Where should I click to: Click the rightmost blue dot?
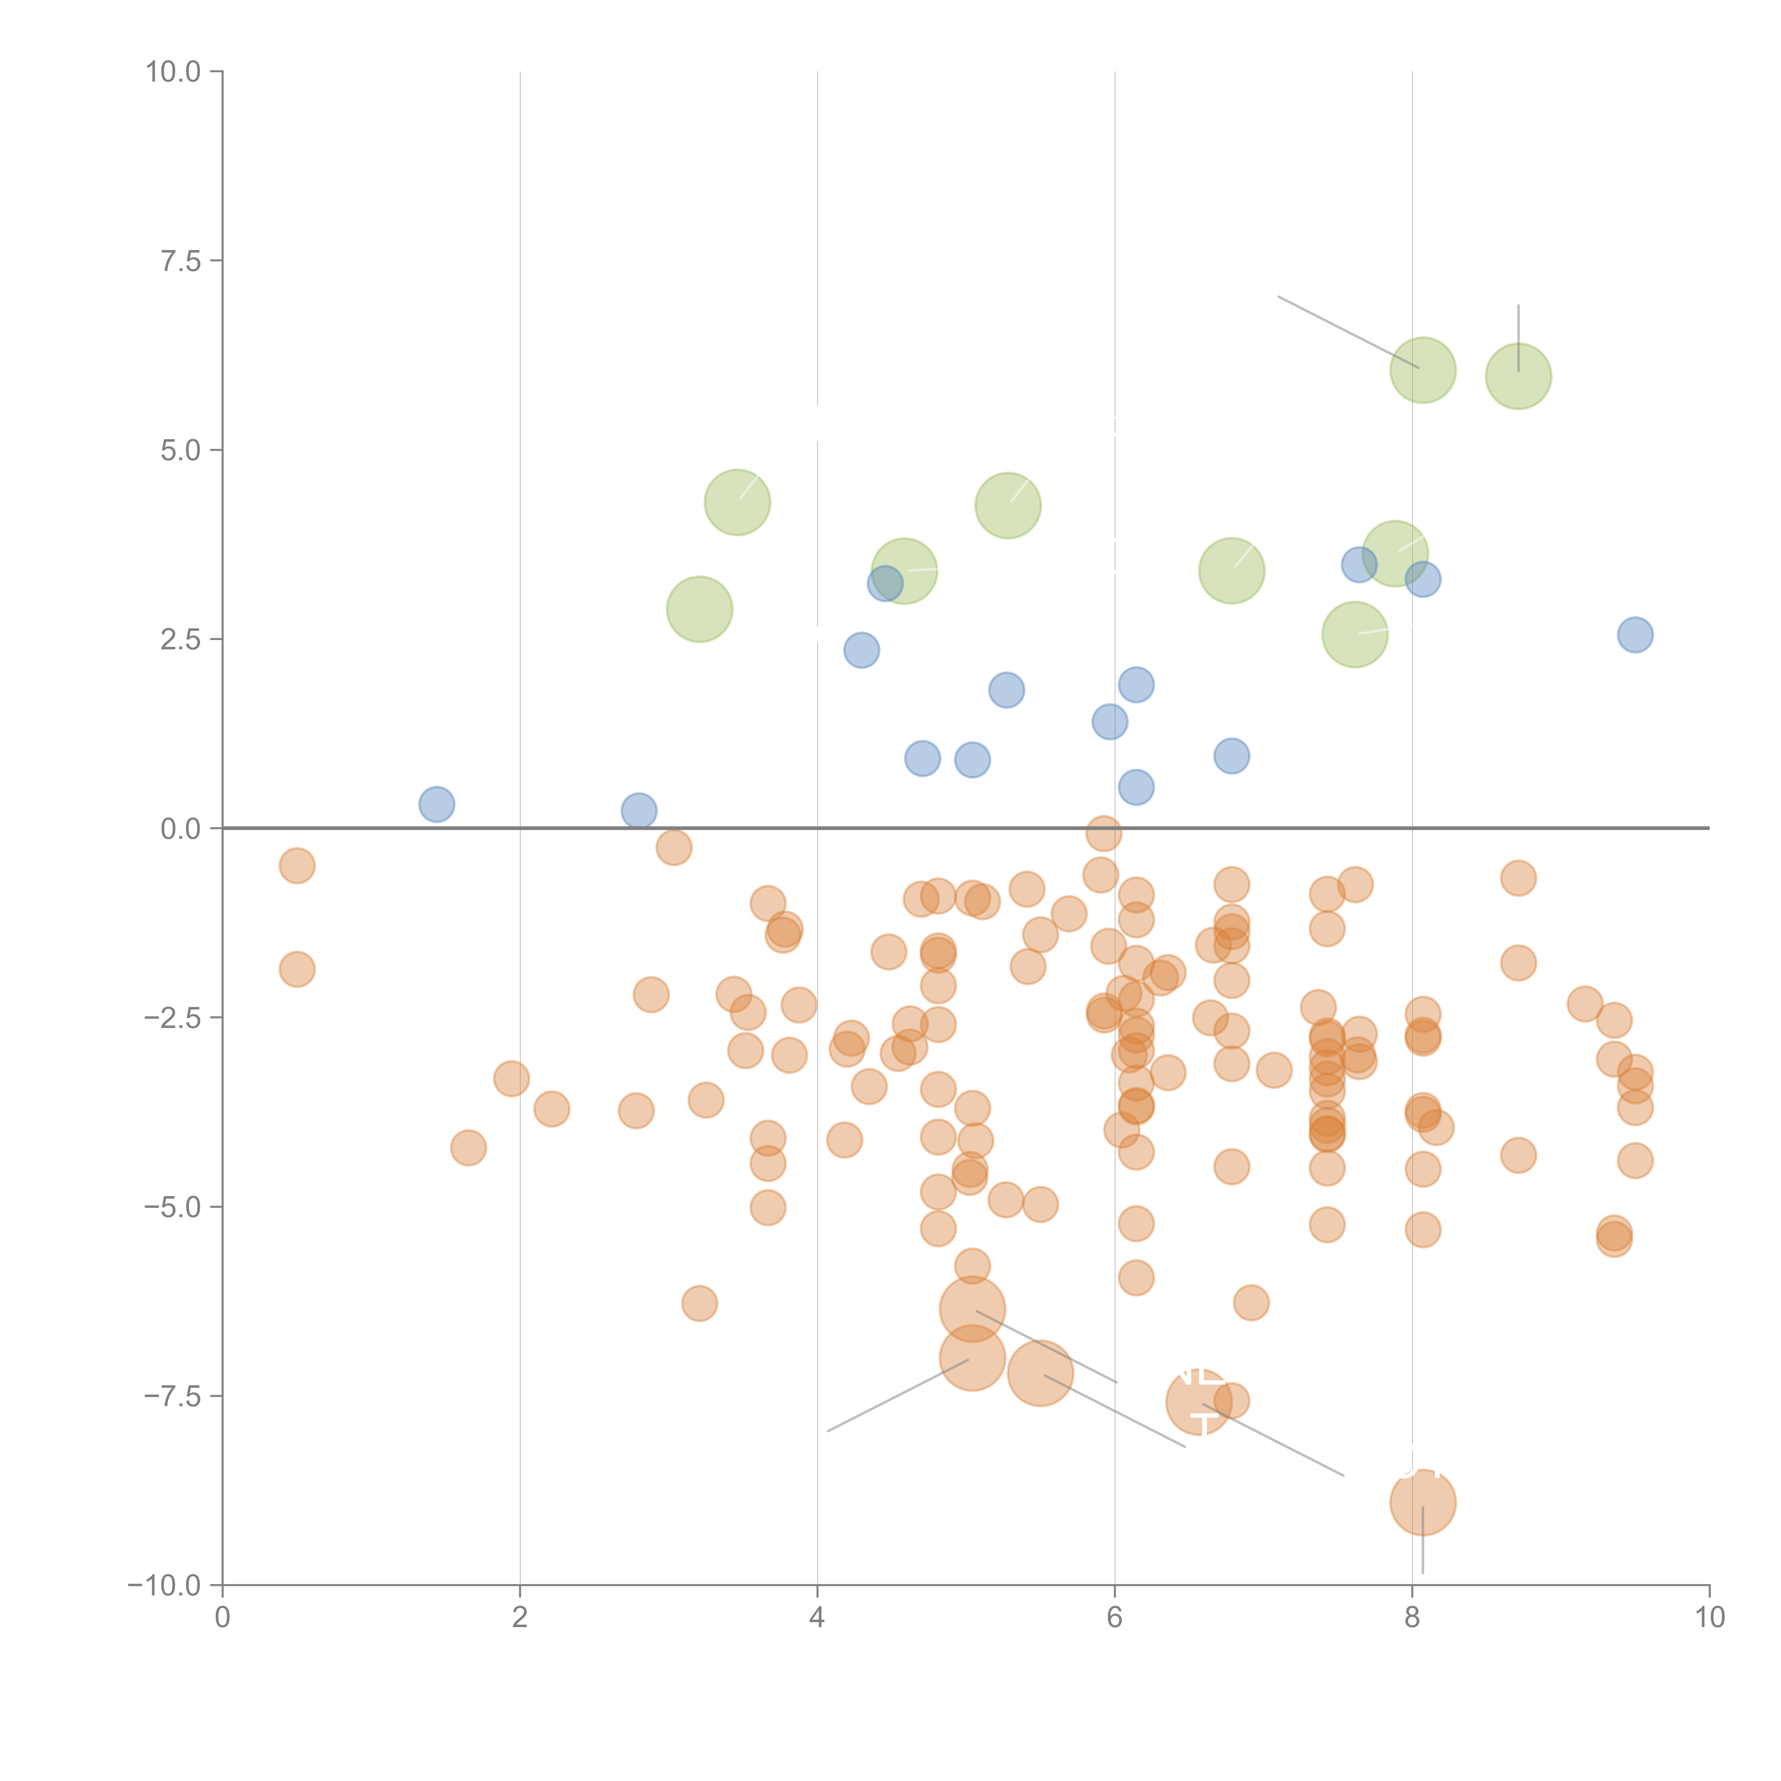1635,634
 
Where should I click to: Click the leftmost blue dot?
436,804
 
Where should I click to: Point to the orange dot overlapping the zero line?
1104,834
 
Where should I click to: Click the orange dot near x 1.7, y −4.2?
468,1148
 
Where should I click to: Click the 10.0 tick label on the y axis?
173,72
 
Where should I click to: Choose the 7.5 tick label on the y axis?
181,261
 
